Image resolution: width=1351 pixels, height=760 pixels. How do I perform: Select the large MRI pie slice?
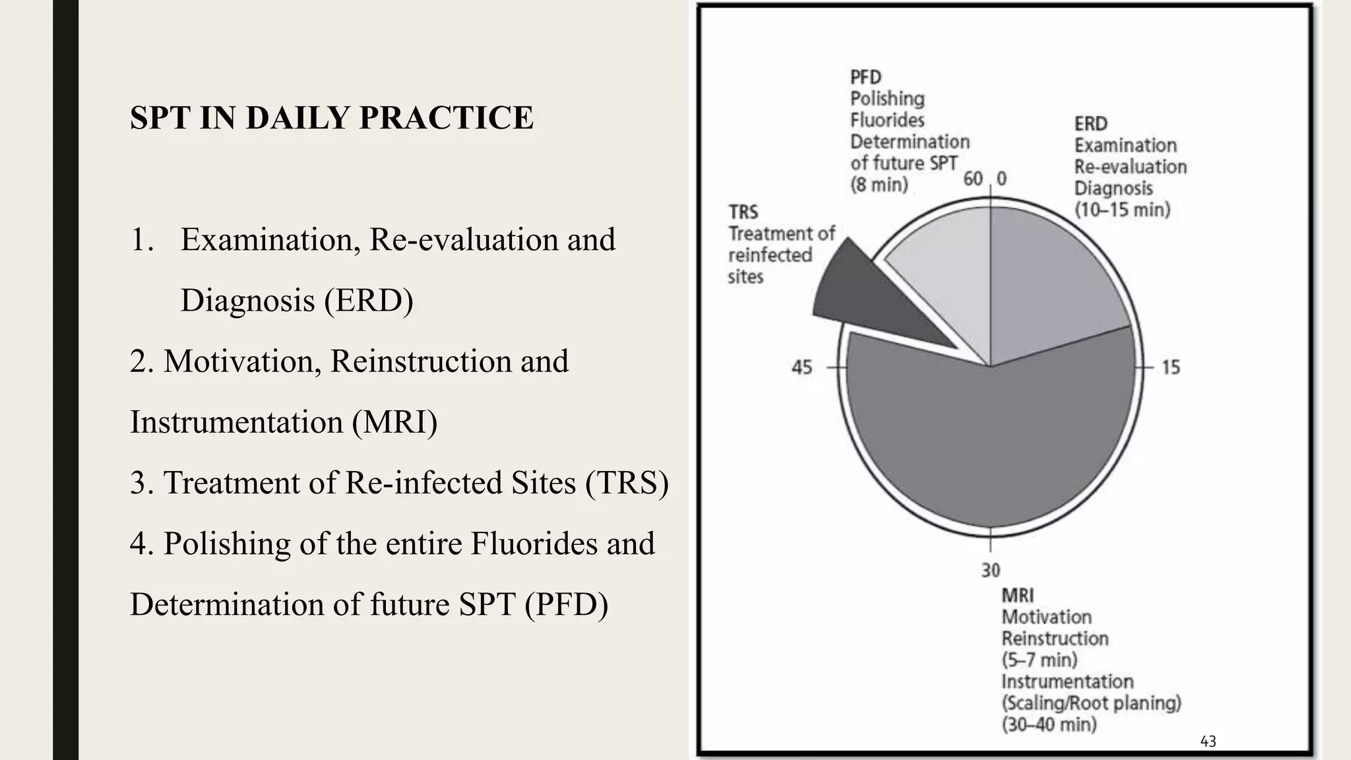990,442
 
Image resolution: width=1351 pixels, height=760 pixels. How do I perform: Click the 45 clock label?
801,367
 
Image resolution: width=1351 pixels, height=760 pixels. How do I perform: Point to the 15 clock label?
1171,367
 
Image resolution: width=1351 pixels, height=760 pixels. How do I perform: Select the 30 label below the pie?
990,570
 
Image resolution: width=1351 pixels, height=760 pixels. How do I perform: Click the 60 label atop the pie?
973,179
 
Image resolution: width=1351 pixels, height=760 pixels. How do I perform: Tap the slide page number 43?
1208,742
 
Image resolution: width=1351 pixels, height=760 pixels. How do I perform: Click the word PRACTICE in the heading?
446,118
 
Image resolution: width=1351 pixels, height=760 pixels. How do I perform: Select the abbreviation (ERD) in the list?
368,300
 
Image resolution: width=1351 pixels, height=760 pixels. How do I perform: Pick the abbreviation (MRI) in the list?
394,422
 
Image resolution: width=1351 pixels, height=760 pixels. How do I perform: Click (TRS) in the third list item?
627,482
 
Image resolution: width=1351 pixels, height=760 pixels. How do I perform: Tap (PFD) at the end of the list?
566,604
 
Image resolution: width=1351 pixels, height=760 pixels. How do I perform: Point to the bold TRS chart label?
743,212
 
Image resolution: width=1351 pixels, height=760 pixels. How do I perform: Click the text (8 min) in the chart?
879,184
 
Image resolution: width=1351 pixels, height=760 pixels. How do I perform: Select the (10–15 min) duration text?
1122,210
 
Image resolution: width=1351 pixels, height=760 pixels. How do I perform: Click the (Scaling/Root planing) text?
1091,703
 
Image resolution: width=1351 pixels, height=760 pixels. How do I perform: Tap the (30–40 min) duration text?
1049,724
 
